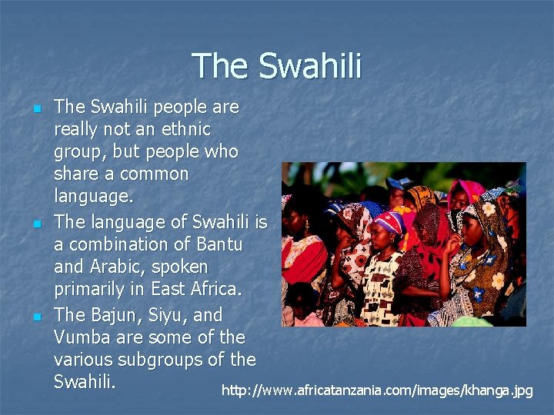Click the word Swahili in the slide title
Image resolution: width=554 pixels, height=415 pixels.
tap(309, 65)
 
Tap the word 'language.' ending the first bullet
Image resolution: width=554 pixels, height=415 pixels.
tap(93, 197)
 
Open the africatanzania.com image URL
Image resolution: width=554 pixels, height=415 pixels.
tap(377, 390)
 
